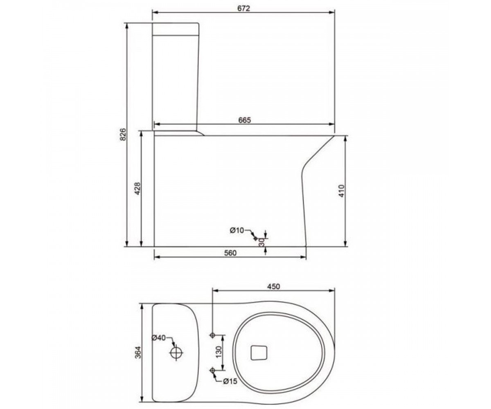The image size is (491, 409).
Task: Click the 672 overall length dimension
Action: pos(243,8)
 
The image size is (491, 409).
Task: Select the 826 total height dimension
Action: pos(123,135)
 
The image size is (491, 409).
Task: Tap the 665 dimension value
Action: pos(245,120)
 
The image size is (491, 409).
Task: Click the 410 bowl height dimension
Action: pos(341,191)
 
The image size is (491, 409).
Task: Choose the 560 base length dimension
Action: pos(230,253)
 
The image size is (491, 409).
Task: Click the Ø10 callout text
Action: pos(237,230)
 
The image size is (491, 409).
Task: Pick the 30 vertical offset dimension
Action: pos(262,243)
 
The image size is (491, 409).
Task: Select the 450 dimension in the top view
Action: pos(274,287)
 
